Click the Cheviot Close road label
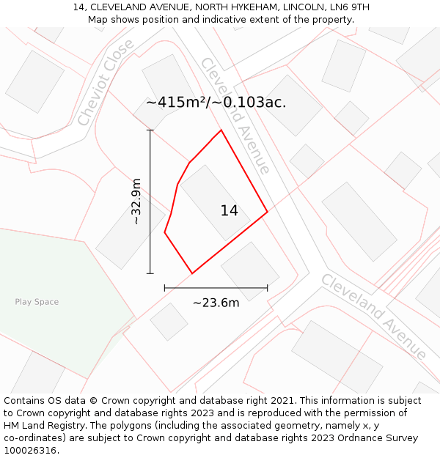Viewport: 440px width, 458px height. pyautogui.click(x=106, y=81)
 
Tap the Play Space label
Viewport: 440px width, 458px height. pyautogui.click(x=37, y=302)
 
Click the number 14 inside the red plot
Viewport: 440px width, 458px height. pyautogui.click(x=229, y=211)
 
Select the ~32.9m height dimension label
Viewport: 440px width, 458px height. pyautogui.click(x=136, y=202)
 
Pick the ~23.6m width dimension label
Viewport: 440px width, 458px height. pyautogui.click(x=216, y=303)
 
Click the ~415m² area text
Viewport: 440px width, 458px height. pyautogui.click(x=176, y=103)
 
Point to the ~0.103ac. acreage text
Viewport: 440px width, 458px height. pyautogui.click(x=250, y=103)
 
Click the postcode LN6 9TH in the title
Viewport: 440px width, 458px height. pyautogui.click(x=350, y=7)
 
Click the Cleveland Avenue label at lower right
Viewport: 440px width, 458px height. pyautogui.click(x=373, y=316)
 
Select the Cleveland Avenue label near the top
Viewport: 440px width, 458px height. pyautogui.click(x=235, y=115)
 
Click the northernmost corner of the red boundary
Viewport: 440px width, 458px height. pyautogui.click(x=221, y=130)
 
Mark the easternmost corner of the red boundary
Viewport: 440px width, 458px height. pyautogui.click(x=267, y=212)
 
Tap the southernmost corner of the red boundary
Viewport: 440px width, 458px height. pyautogui.click(x=192, y=273)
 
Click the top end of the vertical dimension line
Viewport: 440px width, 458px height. pyautogui.click(x=150, y=130)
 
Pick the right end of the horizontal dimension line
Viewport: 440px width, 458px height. pyautogui.click(x=267, y=288)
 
